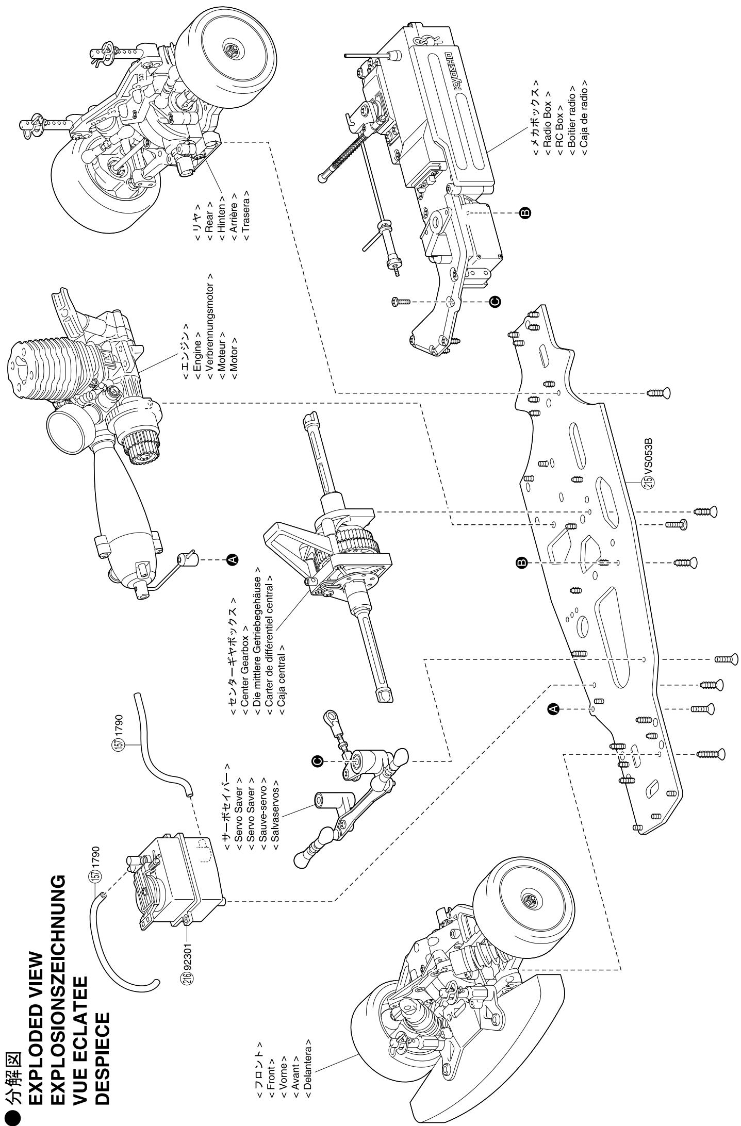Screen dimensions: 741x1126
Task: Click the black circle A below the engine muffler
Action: click(x=233, y=558)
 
